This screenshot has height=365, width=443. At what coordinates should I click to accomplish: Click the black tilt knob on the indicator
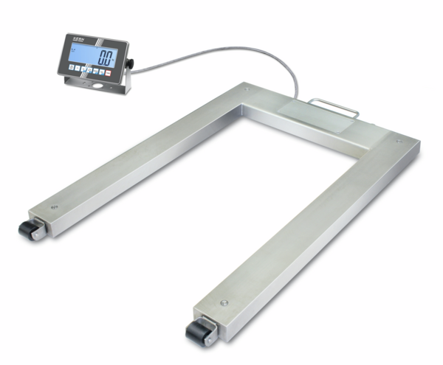pyautogui.click(x=130, y=65)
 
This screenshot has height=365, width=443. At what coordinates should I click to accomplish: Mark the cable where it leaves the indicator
pyautogui.click(x=137, y=69)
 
